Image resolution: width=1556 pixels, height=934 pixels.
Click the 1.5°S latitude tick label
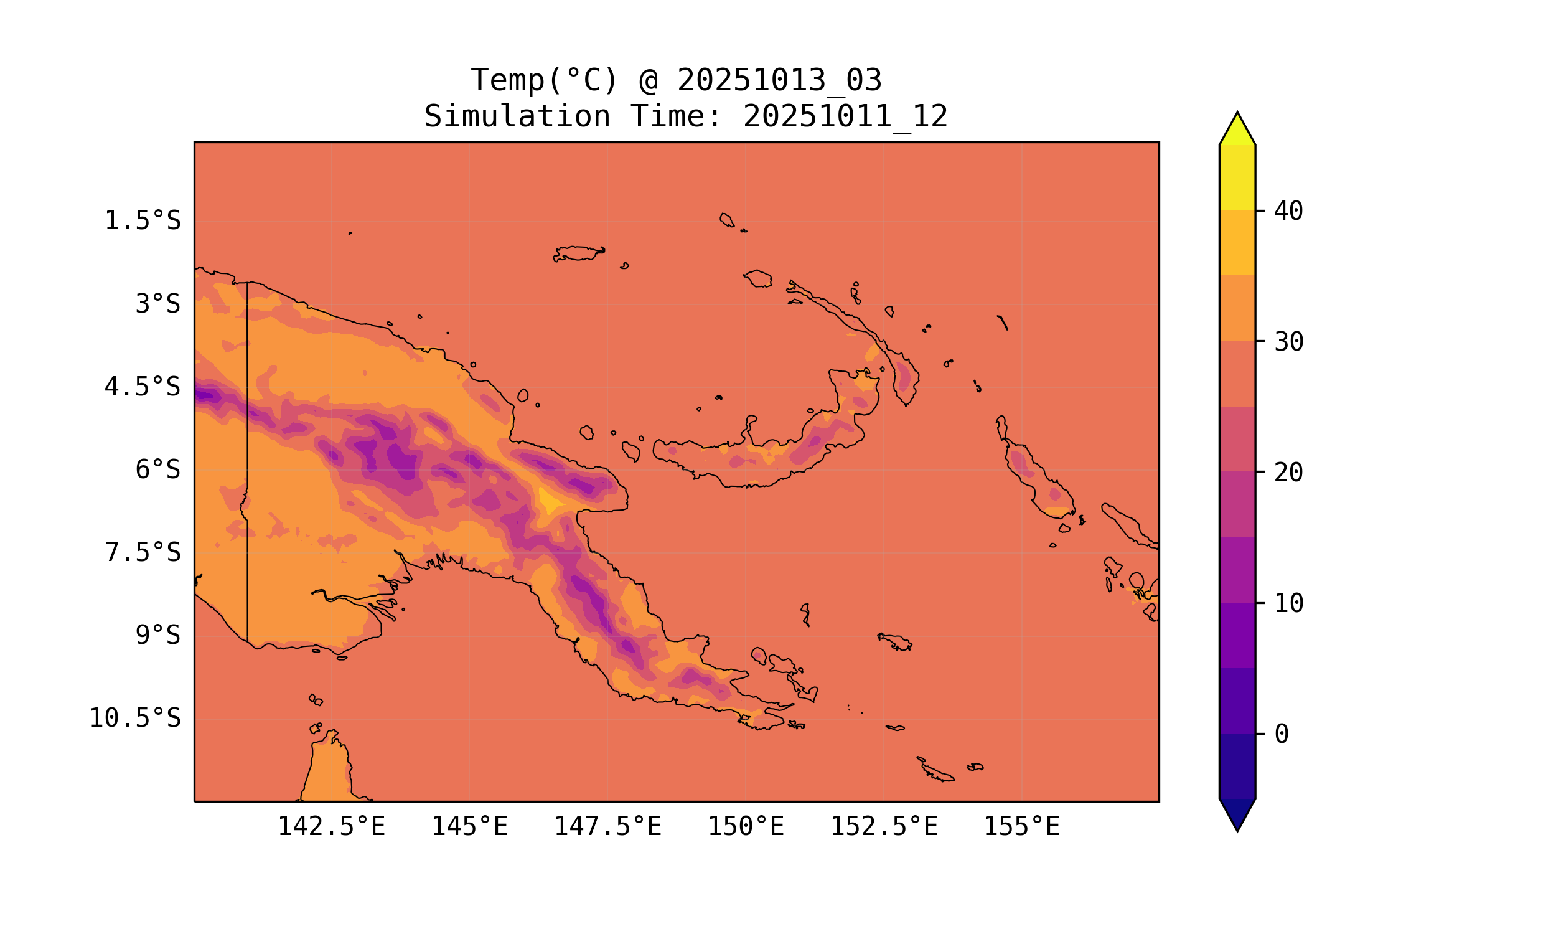(x=142, y=221)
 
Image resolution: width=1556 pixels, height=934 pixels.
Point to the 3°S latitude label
(x=157, y=304)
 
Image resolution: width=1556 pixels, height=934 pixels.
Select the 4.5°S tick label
(x=142, y=387)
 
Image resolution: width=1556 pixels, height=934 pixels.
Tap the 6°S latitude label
(x=157, y=469)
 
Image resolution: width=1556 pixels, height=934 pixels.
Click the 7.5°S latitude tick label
(x=142, y=552)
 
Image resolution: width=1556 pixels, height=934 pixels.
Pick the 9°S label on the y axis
(x=157, y=635)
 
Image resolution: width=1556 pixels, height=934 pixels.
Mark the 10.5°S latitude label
(x=134, y=718)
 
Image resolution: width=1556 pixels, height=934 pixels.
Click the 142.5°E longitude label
(x=331, y=826)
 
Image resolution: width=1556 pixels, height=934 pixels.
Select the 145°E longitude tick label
(x=469, y=826)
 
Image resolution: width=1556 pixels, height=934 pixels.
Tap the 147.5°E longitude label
(x=607, y=826)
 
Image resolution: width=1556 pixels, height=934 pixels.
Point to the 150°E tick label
(x=746, y=826)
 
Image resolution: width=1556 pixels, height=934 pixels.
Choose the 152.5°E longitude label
(x=884, y=826)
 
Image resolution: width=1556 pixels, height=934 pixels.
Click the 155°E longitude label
(x=1021, y=826)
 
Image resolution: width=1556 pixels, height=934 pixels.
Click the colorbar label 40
(x=1288, y=211)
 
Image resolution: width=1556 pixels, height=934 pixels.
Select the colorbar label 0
(x=1281, y=734)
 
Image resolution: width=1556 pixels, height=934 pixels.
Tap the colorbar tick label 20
(x=1288, y=472)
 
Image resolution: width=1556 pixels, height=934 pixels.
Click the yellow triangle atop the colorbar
(x=1237, y=130)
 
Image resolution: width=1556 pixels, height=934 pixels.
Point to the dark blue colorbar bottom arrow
(x=1237, y=813)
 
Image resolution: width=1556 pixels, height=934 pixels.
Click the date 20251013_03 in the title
(x=779, y=80)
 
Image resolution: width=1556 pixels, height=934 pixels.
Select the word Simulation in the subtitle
(x=517, y=116)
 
